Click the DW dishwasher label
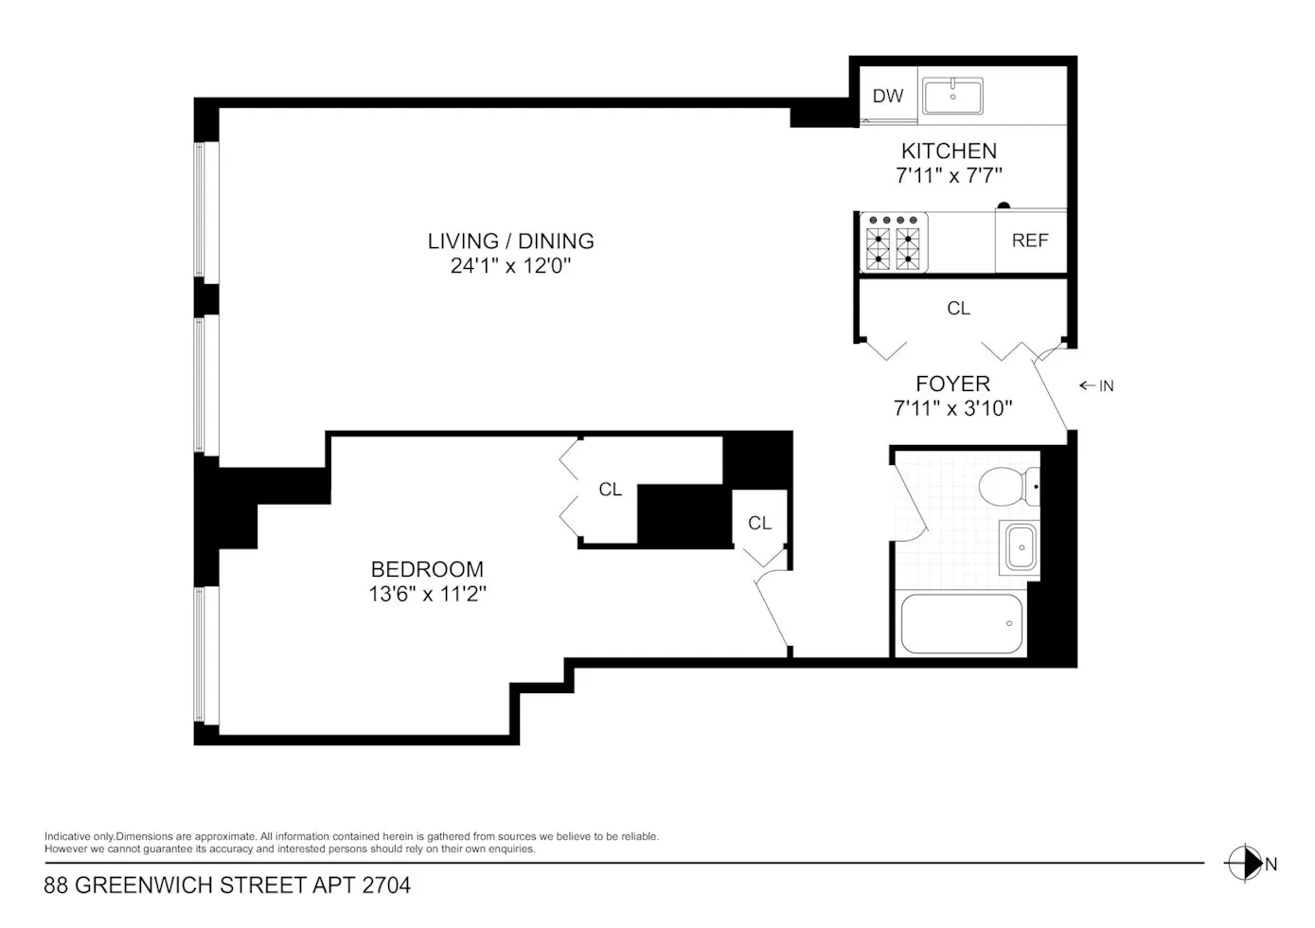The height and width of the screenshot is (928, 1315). (887, 96)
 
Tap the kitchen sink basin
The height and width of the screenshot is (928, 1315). (952, 96)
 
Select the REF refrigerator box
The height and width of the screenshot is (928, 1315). (1030, 241)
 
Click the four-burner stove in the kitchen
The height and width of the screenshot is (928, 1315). (894, 243)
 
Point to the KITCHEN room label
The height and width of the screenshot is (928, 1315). (949, 151)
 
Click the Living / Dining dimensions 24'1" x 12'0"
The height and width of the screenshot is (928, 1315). (511, 266)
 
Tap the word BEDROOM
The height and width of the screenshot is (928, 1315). (427, 569)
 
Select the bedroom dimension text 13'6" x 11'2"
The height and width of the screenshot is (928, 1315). (427, 595)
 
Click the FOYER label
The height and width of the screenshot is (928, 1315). (952, 384)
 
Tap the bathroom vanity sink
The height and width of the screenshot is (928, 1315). (1020, 548)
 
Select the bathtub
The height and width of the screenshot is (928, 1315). (961, 624)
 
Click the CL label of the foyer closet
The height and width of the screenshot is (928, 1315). (958, 309)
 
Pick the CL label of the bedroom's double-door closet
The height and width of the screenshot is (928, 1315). (610, 490)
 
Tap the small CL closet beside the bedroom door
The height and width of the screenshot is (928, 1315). (759, 523)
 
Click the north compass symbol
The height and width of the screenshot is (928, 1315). (1243, 864)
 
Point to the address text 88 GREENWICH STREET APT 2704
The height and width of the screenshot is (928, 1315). (227, 886)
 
